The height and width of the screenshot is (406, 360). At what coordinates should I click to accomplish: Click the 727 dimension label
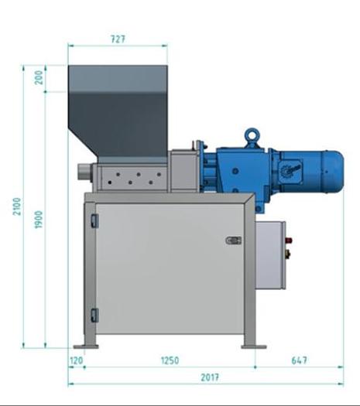(x=118, y=39)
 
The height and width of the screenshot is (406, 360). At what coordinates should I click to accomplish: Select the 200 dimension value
(x=39, y=77)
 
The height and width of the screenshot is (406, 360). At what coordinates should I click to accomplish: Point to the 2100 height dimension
(x=17, y=206)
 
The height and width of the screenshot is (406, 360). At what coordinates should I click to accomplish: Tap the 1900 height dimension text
(x=39, y=220)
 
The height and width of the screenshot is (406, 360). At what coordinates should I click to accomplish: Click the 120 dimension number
(x=77, y=360)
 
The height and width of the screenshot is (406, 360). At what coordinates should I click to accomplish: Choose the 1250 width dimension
(x=170, y=360)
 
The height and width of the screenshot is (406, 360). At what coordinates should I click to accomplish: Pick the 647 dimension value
(x=300, y=360)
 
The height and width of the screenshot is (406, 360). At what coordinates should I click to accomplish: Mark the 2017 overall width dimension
(x=210, y=377)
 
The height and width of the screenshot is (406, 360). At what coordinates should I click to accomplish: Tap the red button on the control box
(x=288, y=241)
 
